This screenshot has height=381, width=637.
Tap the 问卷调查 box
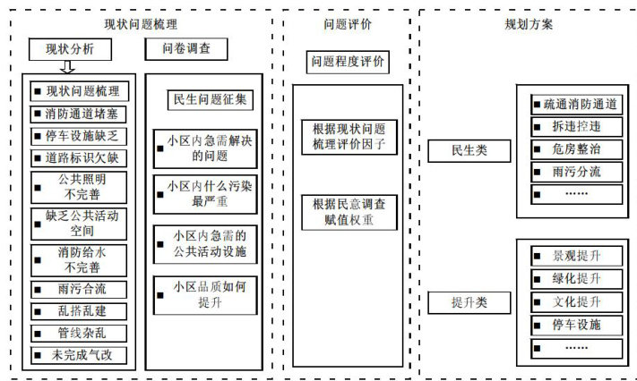pos(186,48)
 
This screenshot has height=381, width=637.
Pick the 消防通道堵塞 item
pos(80,114)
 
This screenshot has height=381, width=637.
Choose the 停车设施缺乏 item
pos(80,136)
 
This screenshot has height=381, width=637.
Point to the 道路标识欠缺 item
pos(80,158)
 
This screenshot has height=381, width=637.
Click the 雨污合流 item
pos(80,289)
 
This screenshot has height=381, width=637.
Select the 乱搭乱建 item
pos(80,310)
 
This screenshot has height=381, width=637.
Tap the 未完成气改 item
pos(80,354)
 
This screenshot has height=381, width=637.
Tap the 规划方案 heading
pos(529,25)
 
